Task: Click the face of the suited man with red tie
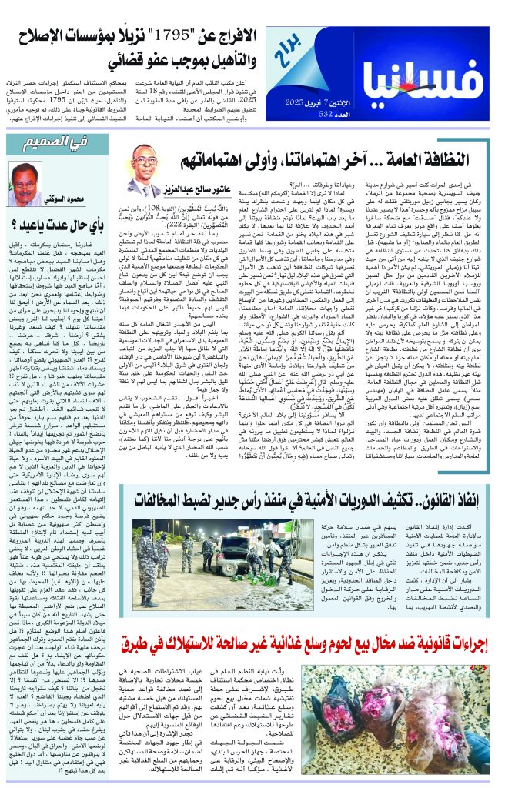point(145,164)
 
